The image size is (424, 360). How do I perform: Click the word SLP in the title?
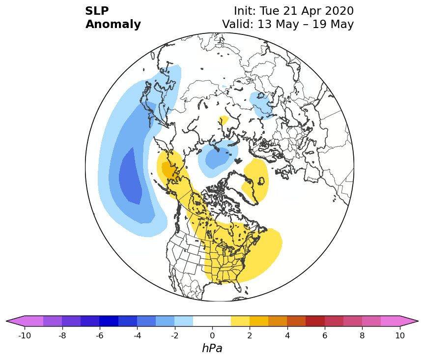click(x=97, y=11)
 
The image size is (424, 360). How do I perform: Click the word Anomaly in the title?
click(x=113, y=25)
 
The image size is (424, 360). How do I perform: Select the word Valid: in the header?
click(x=238, y=24)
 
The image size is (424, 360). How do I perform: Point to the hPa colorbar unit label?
click(x=212, y=348)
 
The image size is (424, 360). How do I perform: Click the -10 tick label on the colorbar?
click(x=25, y=335)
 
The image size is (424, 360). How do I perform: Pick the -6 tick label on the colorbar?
click(x=100, y=335)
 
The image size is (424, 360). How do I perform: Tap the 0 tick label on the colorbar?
click(x=212, y=335)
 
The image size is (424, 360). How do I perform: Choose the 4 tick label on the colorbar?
click(x=287, y=335)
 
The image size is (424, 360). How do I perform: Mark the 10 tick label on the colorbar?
click(x=400, y=335)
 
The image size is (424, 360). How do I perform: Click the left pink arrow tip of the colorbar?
click(x=6, y=321)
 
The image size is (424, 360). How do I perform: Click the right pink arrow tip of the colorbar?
click(x=418, y=321)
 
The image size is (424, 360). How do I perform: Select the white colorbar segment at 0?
click(x=212, y=321)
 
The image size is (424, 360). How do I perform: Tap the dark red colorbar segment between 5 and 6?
click(x=315, y=321)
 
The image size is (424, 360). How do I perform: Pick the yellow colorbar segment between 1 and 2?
click(x=240, y=321)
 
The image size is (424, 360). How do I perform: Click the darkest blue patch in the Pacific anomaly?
click(x=131, y=176)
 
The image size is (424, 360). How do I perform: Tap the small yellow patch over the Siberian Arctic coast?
click(x=224, y=120)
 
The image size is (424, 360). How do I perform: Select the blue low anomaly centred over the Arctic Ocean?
click(x=218, y=158)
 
